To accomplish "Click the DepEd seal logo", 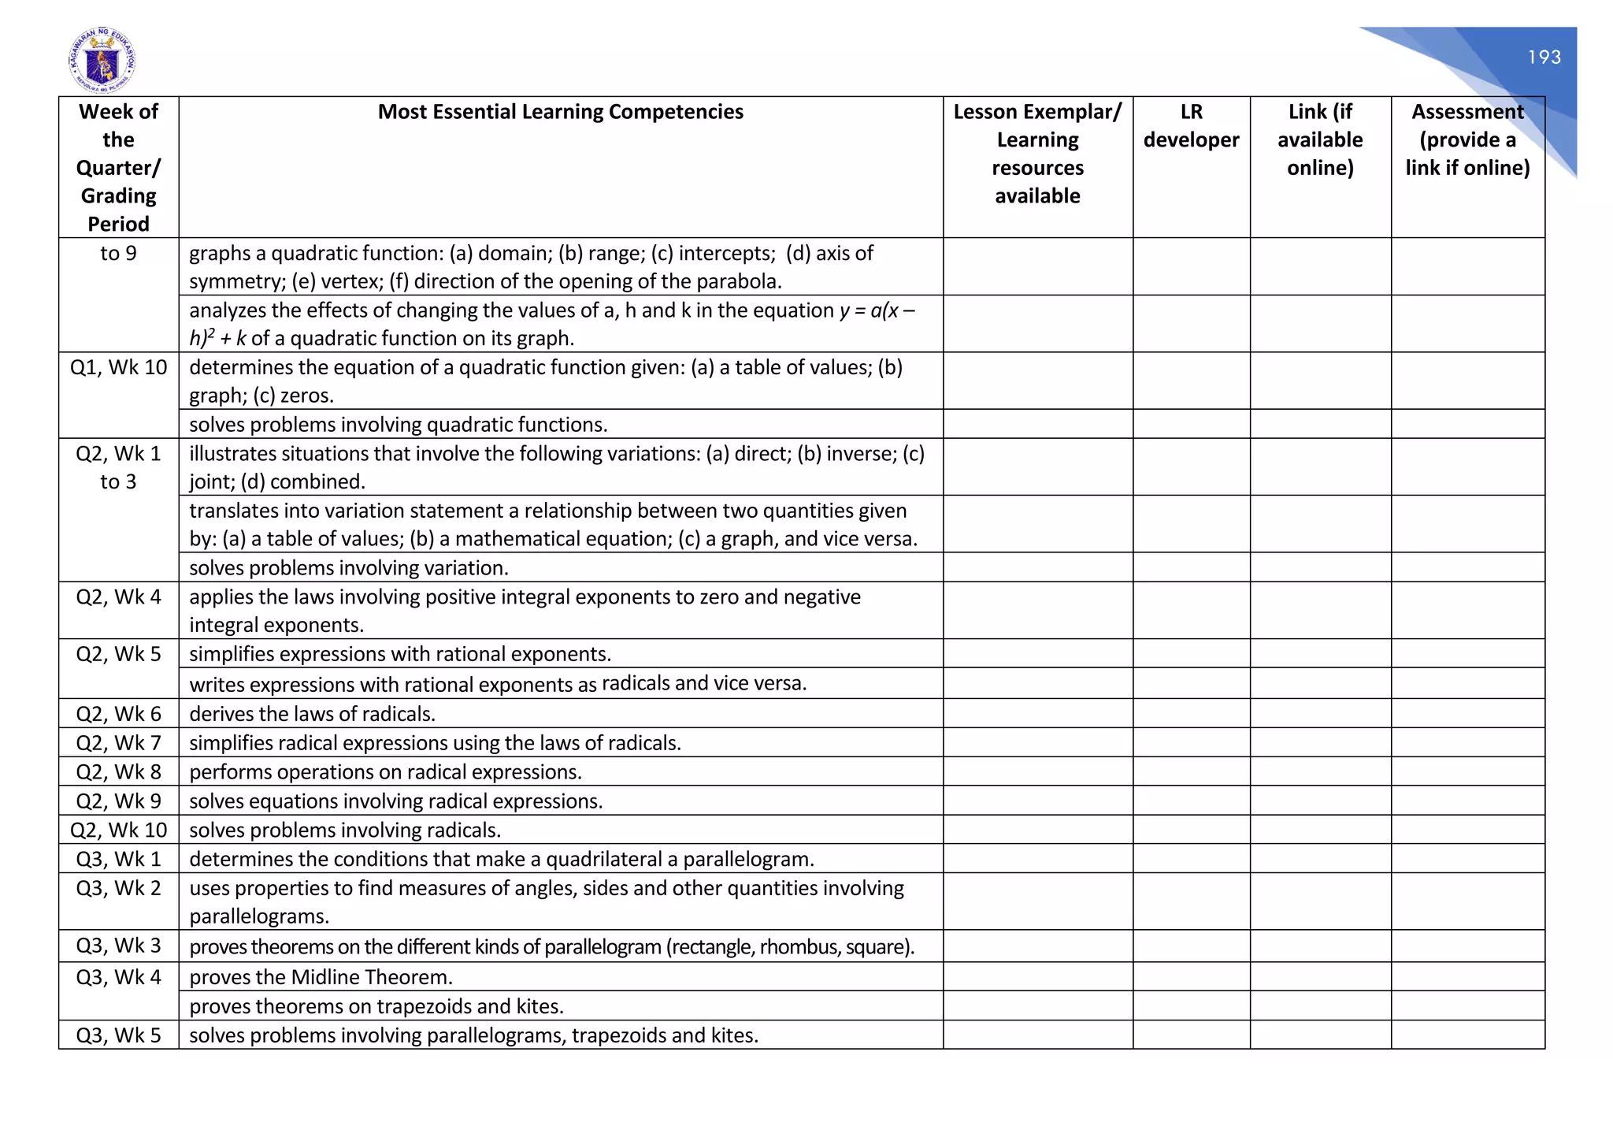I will click(102, 61).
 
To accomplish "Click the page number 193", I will click(1544, 58).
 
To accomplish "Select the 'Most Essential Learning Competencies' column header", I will click(560, 112).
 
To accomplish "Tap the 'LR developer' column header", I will click(1191, 126).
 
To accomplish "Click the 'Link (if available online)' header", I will click(1320, 139).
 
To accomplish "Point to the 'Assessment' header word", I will click(1467, 112).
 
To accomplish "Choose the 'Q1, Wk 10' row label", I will click(119, 367).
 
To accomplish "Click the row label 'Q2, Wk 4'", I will click(119, 597).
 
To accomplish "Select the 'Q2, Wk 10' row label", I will click(119, 830).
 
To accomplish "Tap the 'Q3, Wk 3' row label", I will click(119, 946).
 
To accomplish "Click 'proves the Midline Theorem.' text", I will click(321, 977).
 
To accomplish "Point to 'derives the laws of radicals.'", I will click(312, 714).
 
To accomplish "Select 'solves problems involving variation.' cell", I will click(349, 568).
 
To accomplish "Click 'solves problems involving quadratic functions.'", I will click(398, 425).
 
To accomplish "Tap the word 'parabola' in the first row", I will click(738, 281).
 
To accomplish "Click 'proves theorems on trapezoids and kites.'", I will click(376, 1006).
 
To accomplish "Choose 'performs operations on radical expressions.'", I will click(385, 772).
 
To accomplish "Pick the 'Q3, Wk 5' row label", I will click(119, 1035).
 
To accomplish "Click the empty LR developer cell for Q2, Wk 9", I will click(1191, 801).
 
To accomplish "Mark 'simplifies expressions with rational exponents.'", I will click(400, 654).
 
